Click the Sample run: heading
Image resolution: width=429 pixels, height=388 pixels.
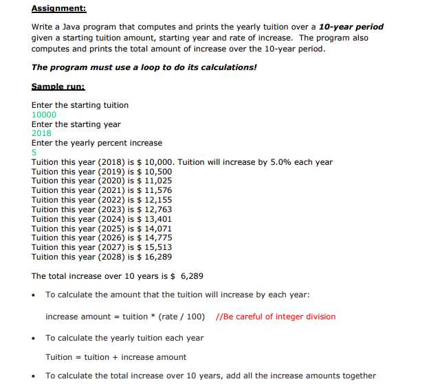tap(58, 87)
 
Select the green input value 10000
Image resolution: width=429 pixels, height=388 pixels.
tap(44, 115)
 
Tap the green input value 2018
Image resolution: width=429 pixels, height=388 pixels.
tap(41, 133)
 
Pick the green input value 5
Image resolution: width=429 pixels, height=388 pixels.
tap(34, 152)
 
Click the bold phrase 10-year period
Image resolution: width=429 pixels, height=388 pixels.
tap(351, 27)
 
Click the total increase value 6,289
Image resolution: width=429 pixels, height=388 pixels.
tap(191, 276)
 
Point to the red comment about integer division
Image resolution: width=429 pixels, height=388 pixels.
tap(275, 317)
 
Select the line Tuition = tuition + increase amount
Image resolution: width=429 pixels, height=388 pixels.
tap(115, 357)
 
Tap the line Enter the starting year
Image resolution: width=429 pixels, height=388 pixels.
tap(76, 124)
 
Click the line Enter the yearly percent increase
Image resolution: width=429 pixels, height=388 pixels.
tap(97, 143)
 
